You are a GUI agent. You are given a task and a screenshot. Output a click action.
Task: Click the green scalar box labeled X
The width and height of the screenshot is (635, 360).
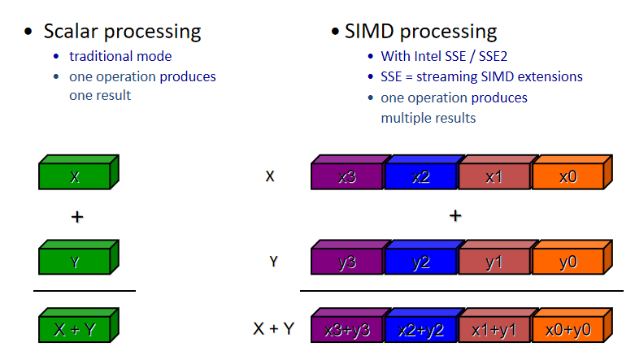(74, 176)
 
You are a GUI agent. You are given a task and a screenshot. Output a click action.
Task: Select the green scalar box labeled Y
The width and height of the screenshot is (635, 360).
(74, 262)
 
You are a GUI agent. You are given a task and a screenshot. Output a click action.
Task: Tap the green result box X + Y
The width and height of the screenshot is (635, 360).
(74, 329)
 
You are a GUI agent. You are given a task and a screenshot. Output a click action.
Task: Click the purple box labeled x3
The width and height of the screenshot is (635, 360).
(347, 176)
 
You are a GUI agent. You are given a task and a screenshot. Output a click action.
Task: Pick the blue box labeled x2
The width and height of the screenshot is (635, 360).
(420, 176)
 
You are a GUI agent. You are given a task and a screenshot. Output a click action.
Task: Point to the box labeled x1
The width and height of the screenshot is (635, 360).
(494, 176)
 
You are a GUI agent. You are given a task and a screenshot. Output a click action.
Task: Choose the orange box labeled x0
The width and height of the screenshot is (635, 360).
(567, 176)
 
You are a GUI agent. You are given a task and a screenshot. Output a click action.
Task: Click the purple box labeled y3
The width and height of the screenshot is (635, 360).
(347, 262)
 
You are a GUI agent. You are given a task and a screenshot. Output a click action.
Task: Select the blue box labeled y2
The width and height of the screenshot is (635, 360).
(420, 262)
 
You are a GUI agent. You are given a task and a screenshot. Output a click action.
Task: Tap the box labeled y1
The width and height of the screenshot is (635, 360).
(494, 262)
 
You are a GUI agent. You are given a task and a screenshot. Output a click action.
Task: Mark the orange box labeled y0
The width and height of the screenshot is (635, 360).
(567, 262)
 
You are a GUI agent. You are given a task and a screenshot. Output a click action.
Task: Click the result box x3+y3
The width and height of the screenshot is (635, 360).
(347, 329)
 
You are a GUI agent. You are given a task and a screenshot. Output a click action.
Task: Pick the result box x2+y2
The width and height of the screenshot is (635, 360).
(420, 329)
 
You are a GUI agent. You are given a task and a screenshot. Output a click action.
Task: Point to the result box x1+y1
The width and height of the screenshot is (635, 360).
(494, 329)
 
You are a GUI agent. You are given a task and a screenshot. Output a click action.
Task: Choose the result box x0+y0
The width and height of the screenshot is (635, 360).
(567, 329)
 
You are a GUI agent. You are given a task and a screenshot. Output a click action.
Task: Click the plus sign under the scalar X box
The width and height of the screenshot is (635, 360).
(79, 217)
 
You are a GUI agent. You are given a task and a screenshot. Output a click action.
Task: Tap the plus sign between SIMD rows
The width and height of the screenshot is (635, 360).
(455, 215)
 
